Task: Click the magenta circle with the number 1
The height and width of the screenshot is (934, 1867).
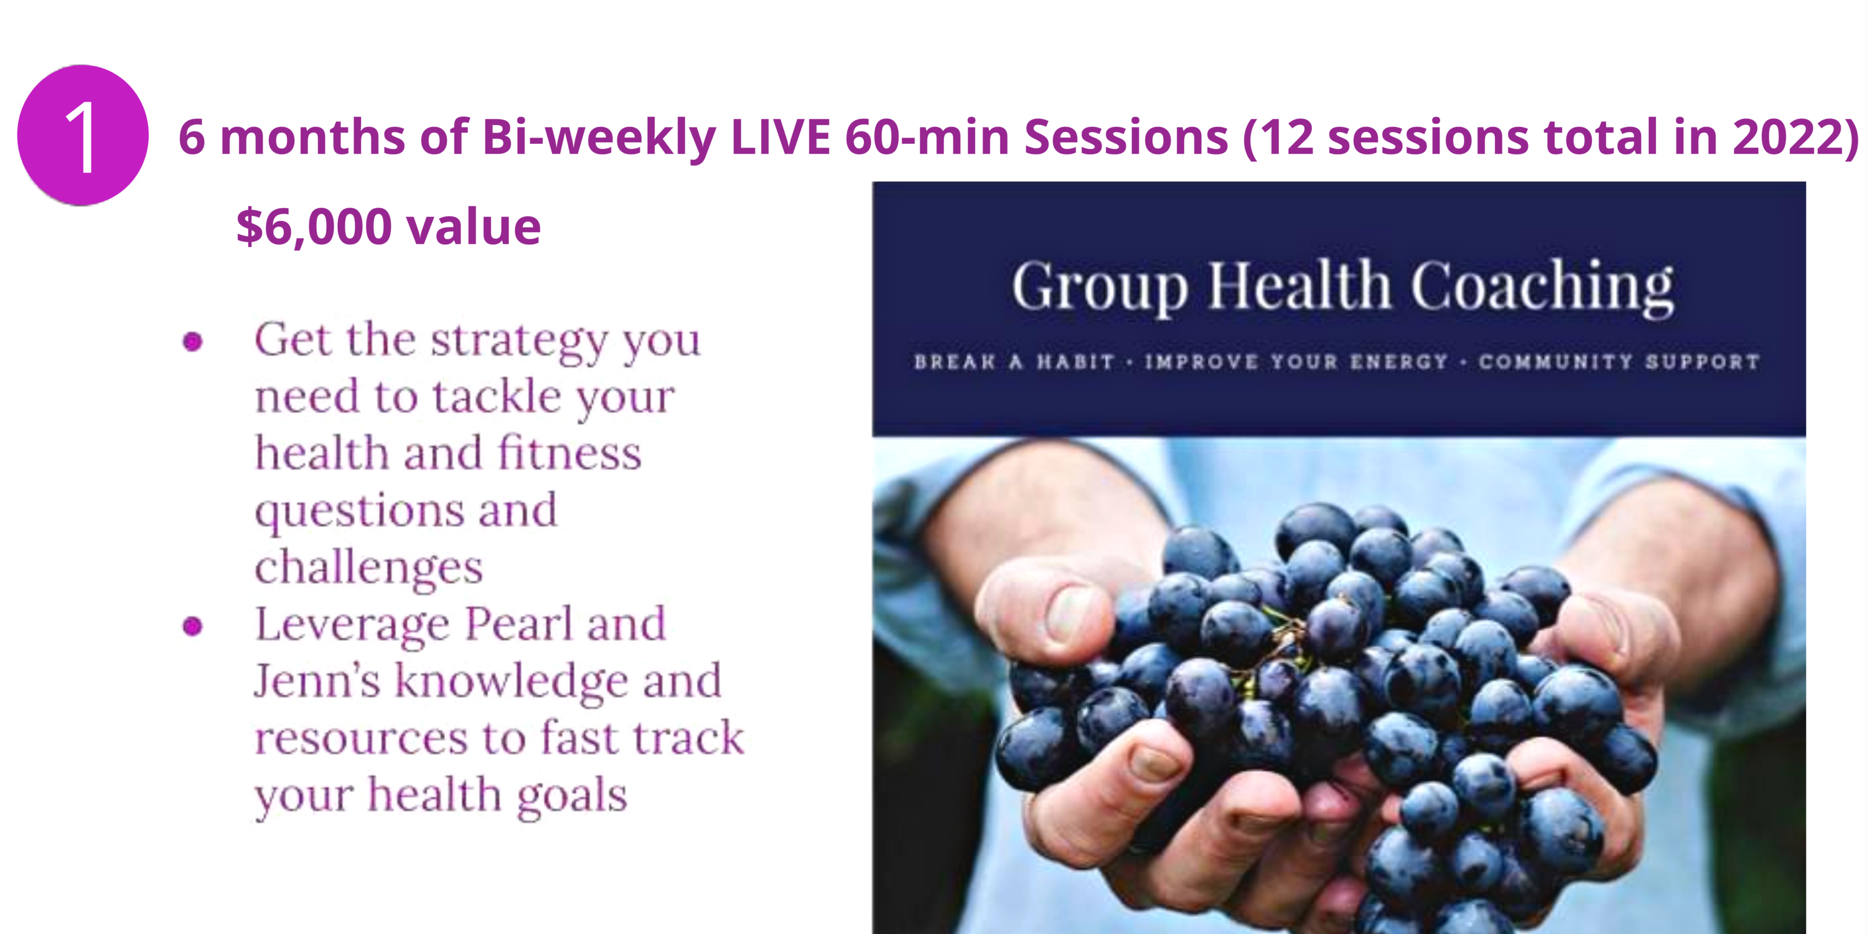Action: (x=83, y=136)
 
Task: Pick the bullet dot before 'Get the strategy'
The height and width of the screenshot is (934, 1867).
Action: (x=193, y=342)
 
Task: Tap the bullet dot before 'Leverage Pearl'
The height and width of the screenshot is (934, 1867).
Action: (x=193, y=626)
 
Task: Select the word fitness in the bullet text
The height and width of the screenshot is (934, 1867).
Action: (x=569, y=453)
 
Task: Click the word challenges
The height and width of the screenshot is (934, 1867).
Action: (x=368, y=567)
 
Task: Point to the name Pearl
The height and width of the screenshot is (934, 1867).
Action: (x=518, y=624)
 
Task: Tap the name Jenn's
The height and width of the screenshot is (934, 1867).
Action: (x=317, y=681)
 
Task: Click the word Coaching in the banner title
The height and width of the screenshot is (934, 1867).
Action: (x=1542, y=287)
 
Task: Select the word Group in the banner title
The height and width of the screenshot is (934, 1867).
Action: (x=1100, y=287)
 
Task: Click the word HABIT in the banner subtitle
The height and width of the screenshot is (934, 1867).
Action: (x=1075, y=362)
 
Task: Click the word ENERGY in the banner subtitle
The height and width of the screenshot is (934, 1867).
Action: (x=1399, y=362)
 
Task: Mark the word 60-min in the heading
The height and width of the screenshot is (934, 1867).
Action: (x=927, y=136)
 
